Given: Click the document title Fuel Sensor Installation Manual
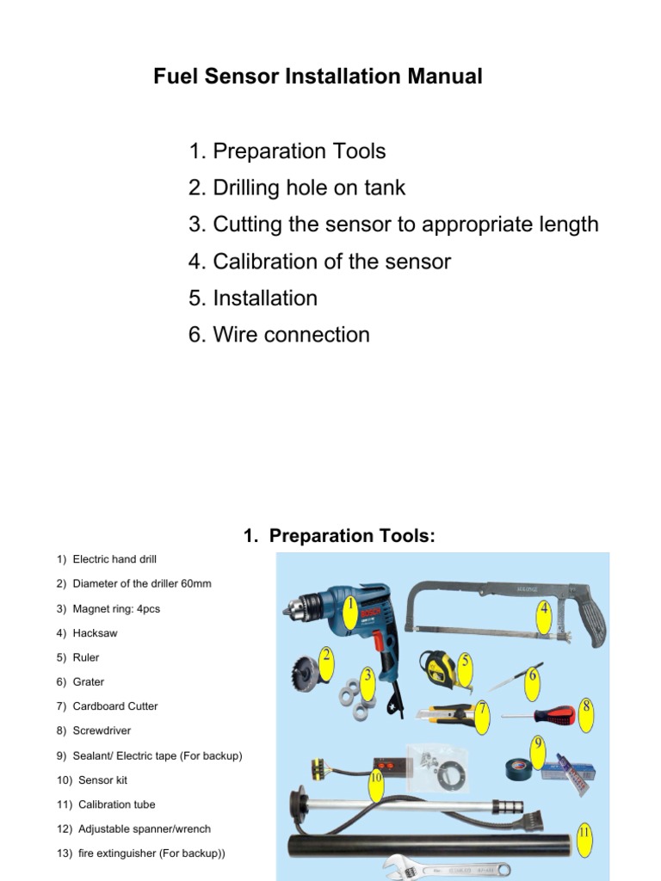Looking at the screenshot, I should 318,77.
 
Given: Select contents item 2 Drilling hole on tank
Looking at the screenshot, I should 297,188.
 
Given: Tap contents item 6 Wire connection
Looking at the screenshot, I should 280,335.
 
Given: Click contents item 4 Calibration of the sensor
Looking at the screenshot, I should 320,262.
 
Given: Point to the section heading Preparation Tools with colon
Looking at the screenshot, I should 340,537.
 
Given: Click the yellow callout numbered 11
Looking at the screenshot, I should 584,834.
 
